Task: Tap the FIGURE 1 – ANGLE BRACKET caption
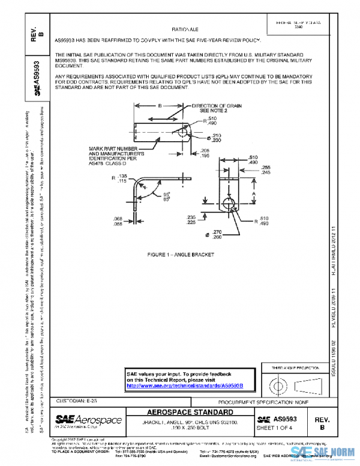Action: point(181,255)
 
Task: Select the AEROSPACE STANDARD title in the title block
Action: point(190,413)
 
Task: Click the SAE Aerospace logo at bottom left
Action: point(88,421)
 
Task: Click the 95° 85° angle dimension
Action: point(166,196)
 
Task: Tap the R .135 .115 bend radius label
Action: point(118,178)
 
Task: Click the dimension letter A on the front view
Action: point(254,195)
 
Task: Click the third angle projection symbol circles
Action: point(278,383)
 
